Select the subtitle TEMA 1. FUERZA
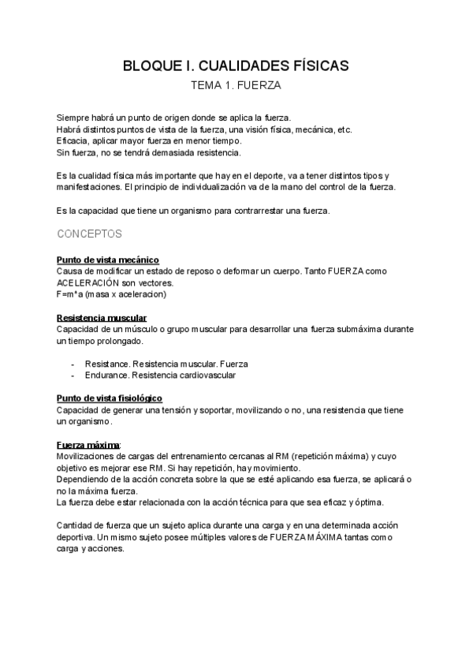[x=236, y=84]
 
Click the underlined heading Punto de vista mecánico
[x=108, y=260]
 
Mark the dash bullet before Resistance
[x=73, y=364]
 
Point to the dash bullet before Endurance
[x=73, y=376]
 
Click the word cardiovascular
[x=207, y=376]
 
